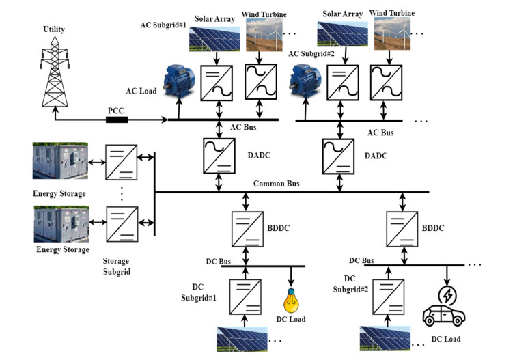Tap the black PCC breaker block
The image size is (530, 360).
[x=118, y=120]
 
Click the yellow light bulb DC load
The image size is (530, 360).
[x=292, y=300]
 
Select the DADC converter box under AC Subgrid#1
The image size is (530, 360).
[x=219, y=156]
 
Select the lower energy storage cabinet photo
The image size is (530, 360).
[x=61, y=222]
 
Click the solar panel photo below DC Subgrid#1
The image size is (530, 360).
[x=240, y=339]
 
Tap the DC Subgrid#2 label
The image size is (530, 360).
[x=350, y=283]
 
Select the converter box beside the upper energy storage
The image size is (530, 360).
[x=120, y=162]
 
